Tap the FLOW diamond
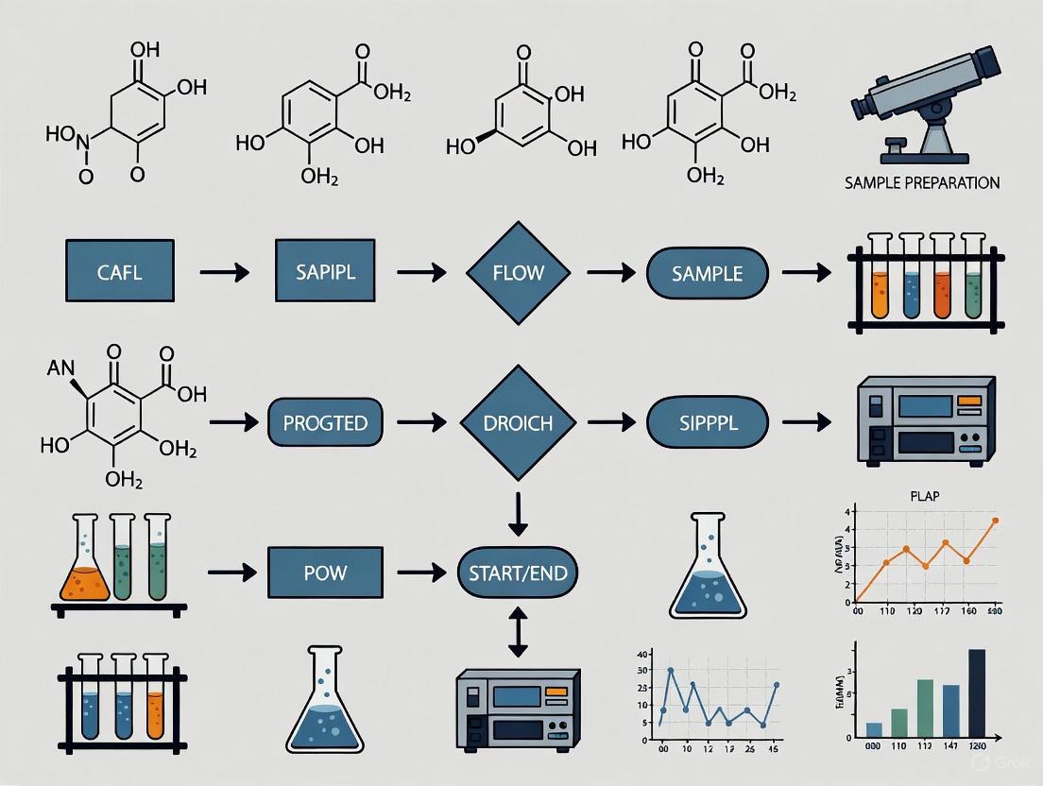[x=518, y=273]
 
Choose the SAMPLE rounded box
[x=707, y=274]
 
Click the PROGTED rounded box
[x=324, y=422]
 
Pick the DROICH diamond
[x=518, y=422]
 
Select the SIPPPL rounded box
[x=707, y=422]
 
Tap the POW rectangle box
[x=325, y=572]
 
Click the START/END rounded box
[x=517, y=572]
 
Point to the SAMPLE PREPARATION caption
[x=921, y=182]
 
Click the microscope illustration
[x=931, y=94]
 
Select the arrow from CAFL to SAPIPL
[x=225, y=273]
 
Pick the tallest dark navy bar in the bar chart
[x=977, y=692]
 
